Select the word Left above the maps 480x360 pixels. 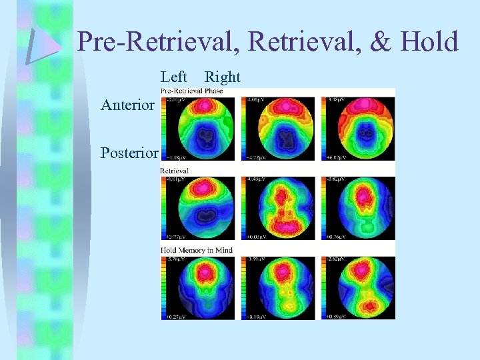click(x=174, y=77)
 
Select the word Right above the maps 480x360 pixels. click(x=222, y=77)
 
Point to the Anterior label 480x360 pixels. click(x=127, y=105)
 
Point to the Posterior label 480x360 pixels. click(x=129, y=153)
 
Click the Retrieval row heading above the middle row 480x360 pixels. click(x=175, y=171)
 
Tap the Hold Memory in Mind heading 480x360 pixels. click(x=197, y=250)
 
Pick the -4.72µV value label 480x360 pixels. click(x=257, y=158)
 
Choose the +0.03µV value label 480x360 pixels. click(x=257, y=237)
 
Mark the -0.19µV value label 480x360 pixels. click(x=257, y=317)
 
